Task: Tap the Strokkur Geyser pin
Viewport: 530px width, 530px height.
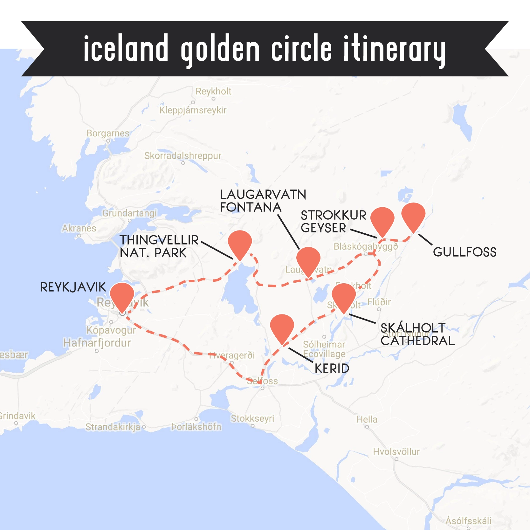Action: pos(382,220)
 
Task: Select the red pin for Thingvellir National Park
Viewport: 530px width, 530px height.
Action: pos(240,243)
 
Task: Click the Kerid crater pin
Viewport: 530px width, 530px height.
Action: pos(282,327)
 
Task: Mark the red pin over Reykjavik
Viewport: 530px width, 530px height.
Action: pos(122,295)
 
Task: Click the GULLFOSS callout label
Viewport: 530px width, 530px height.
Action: pos(465,252)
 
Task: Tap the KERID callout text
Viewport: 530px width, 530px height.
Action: pos(332,368)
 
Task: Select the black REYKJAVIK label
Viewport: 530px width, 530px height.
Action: pos(73,287)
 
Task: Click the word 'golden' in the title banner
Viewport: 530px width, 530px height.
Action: pos(220,50)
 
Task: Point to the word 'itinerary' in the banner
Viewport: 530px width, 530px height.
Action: pos(394,50)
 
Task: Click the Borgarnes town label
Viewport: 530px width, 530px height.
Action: pos(108,133)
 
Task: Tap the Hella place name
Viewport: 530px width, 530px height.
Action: pos(367,419)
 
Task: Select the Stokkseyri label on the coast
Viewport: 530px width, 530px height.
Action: pos(252,418)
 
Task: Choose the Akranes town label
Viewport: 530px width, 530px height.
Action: pos(79,228)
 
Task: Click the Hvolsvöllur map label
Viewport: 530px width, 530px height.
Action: pos(396,451)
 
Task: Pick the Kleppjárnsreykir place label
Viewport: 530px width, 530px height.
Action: pos(193,110)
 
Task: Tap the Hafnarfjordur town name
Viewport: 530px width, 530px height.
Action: pos(97,343)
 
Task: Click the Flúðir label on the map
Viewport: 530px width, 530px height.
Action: pos(379,302)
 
